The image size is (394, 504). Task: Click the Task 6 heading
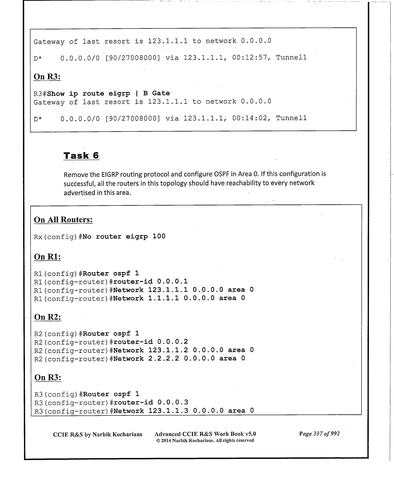tap(81, 156)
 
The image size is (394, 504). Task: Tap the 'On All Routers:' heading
tap(63, 220)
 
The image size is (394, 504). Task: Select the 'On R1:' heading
tap(48, 257)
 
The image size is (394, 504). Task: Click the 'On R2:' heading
tap(48, 317)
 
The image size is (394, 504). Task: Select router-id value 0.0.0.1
tap(172, 281)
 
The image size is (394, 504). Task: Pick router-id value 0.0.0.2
tap(172, 342)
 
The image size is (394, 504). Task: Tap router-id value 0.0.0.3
tap(173, 402)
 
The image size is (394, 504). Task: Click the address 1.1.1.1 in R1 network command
tap(163, 298)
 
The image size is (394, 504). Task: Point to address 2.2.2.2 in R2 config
tap(163, 359)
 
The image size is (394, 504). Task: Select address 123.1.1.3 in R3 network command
tap(168, 411)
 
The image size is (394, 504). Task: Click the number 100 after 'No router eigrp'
tap(159, 236)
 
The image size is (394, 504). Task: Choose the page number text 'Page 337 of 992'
tap(319, 434)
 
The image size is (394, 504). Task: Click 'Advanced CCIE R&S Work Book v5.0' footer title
tap(205, 434)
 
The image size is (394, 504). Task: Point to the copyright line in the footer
tap(205, 440)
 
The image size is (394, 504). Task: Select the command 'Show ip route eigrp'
tap(88, 94)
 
